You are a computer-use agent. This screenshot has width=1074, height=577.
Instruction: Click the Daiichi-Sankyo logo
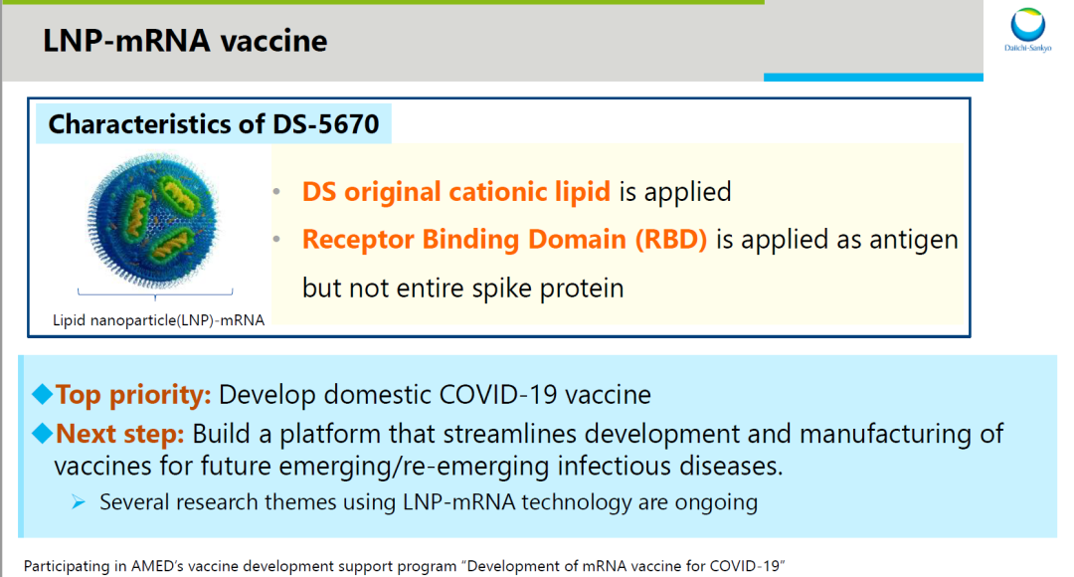point(1027,30)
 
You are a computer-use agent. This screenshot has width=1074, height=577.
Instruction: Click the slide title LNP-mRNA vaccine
point(185,41)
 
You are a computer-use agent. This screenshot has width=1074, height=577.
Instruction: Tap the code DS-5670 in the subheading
point(326,124)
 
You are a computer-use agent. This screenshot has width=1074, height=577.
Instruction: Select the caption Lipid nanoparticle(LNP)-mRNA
point(158,320)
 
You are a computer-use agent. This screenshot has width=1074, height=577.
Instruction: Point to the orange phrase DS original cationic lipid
point(456,192)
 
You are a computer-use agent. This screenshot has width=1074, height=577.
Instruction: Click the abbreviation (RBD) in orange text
point(670,239)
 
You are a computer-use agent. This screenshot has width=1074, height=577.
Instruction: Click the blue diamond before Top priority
point(43,394)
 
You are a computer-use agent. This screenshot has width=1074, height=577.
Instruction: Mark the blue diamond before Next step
point(43,433)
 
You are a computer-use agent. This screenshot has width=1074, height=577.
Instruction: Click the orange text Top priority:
point(133,395)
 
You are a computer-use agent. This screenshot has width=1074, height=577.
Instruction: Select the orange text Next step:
point(120,434)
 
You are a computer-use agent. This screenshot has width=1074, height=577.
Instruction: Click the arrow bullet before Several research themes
point(79,502)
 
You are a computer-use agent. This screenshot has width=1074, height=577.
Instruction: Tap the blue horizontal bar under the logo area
point(873,78)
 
